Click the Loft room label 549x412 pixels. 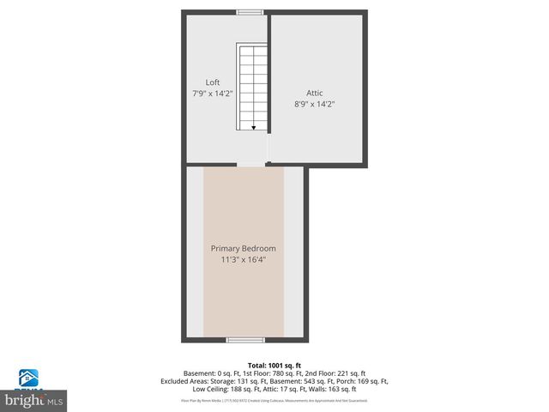tap(212, 82)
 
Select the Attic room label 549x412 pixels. tap(315, 93)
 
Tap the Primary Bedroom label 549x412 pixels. tap(244, 248)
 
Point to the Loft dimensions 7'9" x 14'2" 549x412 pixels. tap(212, 93)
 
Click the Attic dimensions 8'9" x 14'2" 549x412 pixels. tap(315, 104)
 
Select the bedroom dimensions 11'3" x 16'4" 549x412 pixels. tap(244, 258)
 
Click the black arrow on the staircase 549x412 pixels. tap(253, 125)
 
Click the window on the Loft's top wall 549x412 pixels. tap(250, 12)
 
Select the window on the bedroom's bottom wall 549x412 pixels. tap(244, 341)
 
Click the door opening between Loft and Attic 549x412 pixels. tap(268, 152)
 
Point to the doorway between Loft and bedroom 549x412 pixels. tap(251, 166)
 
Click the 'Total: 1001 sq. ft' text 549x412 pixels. tap(274, 365)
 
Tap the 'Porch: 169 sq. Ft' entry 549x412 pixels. tap(364, 381)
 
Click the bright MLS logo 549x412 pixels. tap(34, 400)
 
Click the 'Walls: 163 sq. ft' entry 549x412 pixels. tap(335, 390)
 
